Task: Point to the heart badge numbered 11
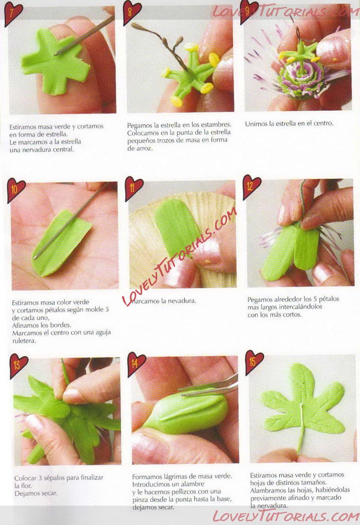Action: pyautogui.click(x=134, y=189)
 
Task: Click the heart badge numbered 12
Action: pyautogui.click(x=252, y=187)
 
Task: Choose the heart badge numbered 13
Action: pyautogui.click(x=18, y=366)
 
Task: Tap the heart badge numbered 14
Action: pyautogui.click(x=136, y=364)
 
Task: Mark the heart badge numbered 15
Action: pyautogui.click(x=254, y=363)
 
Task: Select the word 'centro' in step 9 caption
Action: pyautogui.click(x=324, y=123)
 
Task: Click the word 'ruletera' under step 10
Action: pyautogui.click(x=24, y=341)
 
